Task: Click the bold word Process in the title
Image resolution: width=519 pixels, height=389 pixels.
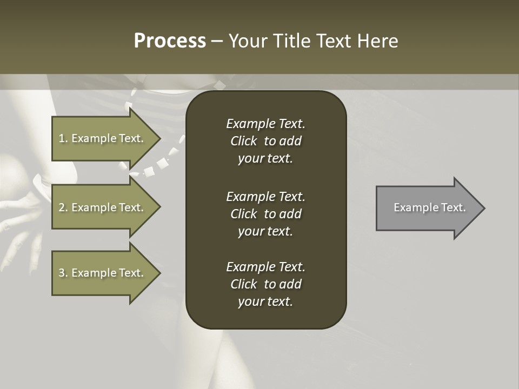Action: tap(170, 41)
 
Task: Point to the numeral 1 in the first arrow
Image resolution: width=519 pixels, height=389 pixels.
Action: tap(62, 138)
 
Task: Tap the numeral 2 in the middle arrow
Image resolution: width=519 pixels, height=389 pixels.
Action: tap(62, 207)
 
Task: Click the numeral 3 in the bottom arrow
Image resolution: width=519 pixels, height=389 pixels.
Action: tap(62, 273)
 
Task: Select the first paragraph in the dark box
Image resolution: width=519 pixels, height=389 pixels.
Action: tap(265, 141)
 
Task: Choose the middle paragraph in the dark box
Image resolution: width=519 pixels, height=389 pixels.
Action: tap(265, 213)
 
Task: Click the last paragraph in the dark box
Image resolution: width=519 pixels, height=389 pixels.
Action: tap(265, 284)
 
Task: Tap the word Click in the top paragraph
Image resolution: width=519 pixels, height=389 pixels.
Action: tap(243, 141)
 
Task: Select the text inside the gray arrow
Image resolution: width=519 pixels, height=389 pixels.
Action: tap(429, 207)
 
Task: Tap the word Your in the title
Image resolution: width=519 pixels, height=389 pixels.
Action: tap(248, 41)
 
